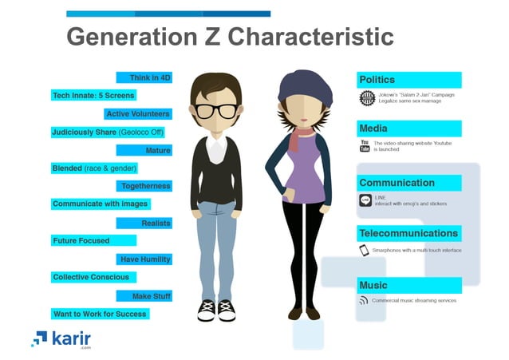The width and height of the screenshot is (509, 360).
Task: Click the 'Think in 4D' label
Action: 151,77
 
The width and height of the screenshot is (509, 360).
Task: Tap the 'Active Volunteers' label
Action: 138,114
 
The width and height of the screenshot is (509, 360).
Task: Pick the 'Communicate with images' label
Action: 100,204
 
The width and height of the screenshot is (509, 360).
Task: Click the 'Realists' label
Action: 156,224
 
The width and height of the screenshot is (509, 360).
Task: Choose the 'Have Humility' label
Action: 145,259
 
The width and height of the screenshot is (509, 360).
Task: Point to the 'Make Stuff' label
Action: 151,295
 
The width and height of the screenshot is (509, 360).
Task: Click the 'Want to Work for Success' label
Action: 99,314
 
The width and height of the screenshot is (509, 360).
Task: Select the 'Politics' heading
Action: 377,80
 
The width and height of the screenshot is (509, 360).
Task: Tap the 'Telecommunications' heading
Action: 408,234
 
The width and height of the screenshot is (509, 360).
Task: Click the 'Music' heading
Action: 373,285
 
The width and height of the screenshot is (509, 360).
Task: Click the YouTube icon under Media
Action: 365,145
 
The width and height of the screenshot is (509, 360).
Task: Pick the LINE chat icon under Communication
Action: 365,200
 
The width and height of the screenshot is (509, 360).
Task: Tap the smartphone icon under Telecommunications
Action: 365,251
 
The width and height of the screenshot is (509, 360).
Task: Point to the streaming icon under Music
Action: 365,301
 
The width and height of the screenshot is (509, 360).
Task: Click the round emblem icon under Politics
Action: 367,98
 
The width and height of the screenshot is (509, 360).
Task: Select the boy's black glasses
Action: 216,110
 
